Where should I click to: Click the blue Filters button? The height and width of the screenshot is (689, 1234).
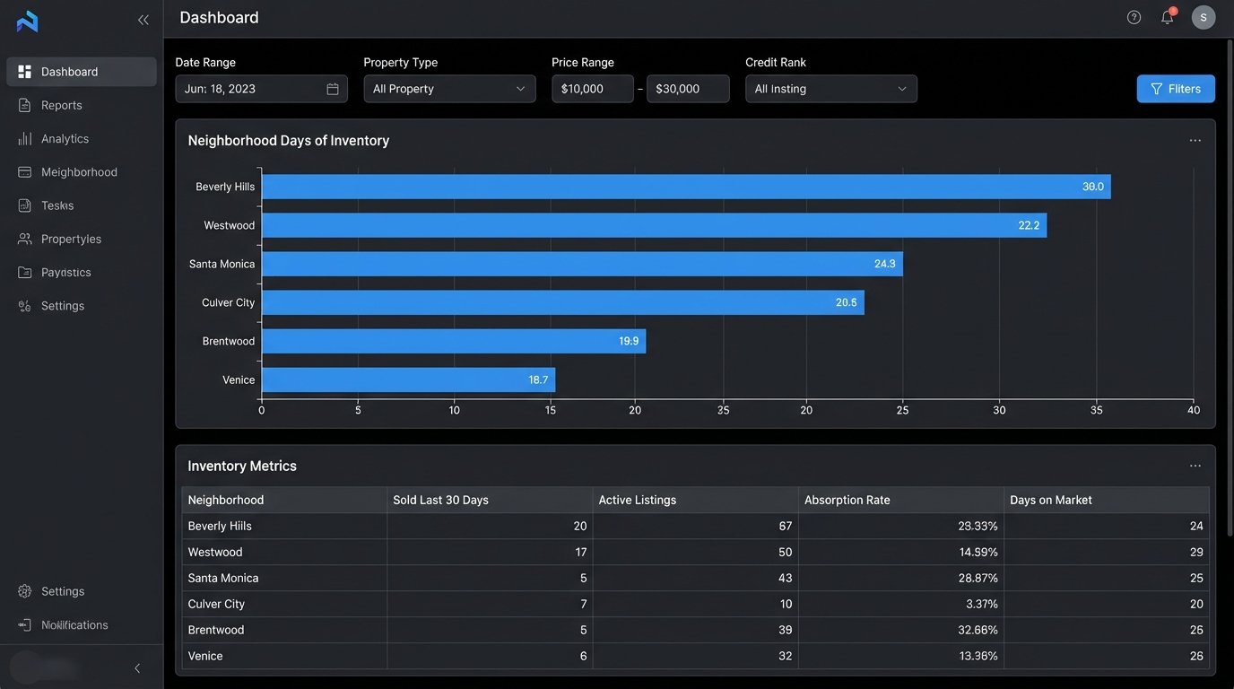pyautogui.click(x=1175, y=89)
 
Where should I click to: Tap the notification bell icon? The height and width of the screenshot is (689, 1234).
pyautogui.click(x=1167, y=17)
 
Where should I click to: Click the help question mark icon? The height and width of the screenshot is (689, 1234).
pyautogui.click(x=1134, y=17)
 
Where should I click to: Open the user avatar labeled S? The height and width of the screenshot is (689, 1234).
pyautogui.click(x=1203, y=17)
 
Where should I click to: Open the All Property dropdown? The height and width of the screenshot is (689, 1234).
pyautogui.click(x=449, y=89)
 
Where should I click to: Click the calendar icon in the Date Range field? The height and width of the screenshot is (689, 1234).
pyautogui.click(x=333, y=89)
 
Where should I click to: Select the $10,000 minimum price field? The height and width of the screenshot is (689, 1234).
pyautogui.click(x=592, y=89)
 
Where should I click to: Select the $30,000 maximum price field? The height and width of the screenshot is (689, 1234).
pyautogui.click(x=687, y=89)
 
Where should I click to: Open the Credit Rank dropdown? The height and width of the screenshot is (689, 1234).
pyautogui.click(x=830, y=89)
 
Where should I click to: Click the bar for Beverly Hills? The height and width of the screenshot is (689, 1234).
pyautogui.click(x=685, y=187)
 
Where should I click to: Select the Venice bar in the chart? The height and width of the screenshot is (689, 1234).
pyautogui.click(x=408, y=379)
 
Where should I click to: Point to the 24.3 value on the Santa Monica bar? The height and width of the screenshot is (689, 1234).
pyautogui.click(x=884, y=264)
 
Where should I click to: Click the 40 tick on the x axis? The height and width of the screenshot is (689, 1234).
pyautogui.click(x=1193, y=410)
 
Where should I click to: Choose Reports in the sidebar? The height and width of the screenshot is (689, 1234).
pyautogui.click(x=62, y=105)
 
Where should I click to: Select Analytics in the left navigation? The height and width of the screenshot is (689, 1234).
pyautogui.click(x=65, y=138)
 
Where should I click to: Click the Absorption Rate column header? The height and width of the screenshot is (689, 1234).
pyautogui.click(x=847, y=500)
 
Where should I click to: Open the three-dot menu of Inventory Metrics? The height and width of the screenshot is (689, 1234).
pyautogui.click(x=1195, y=466)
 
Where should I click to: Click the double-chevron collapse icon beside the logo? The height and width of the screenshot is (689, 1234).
pyautogui.click(x=143, y=20)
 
